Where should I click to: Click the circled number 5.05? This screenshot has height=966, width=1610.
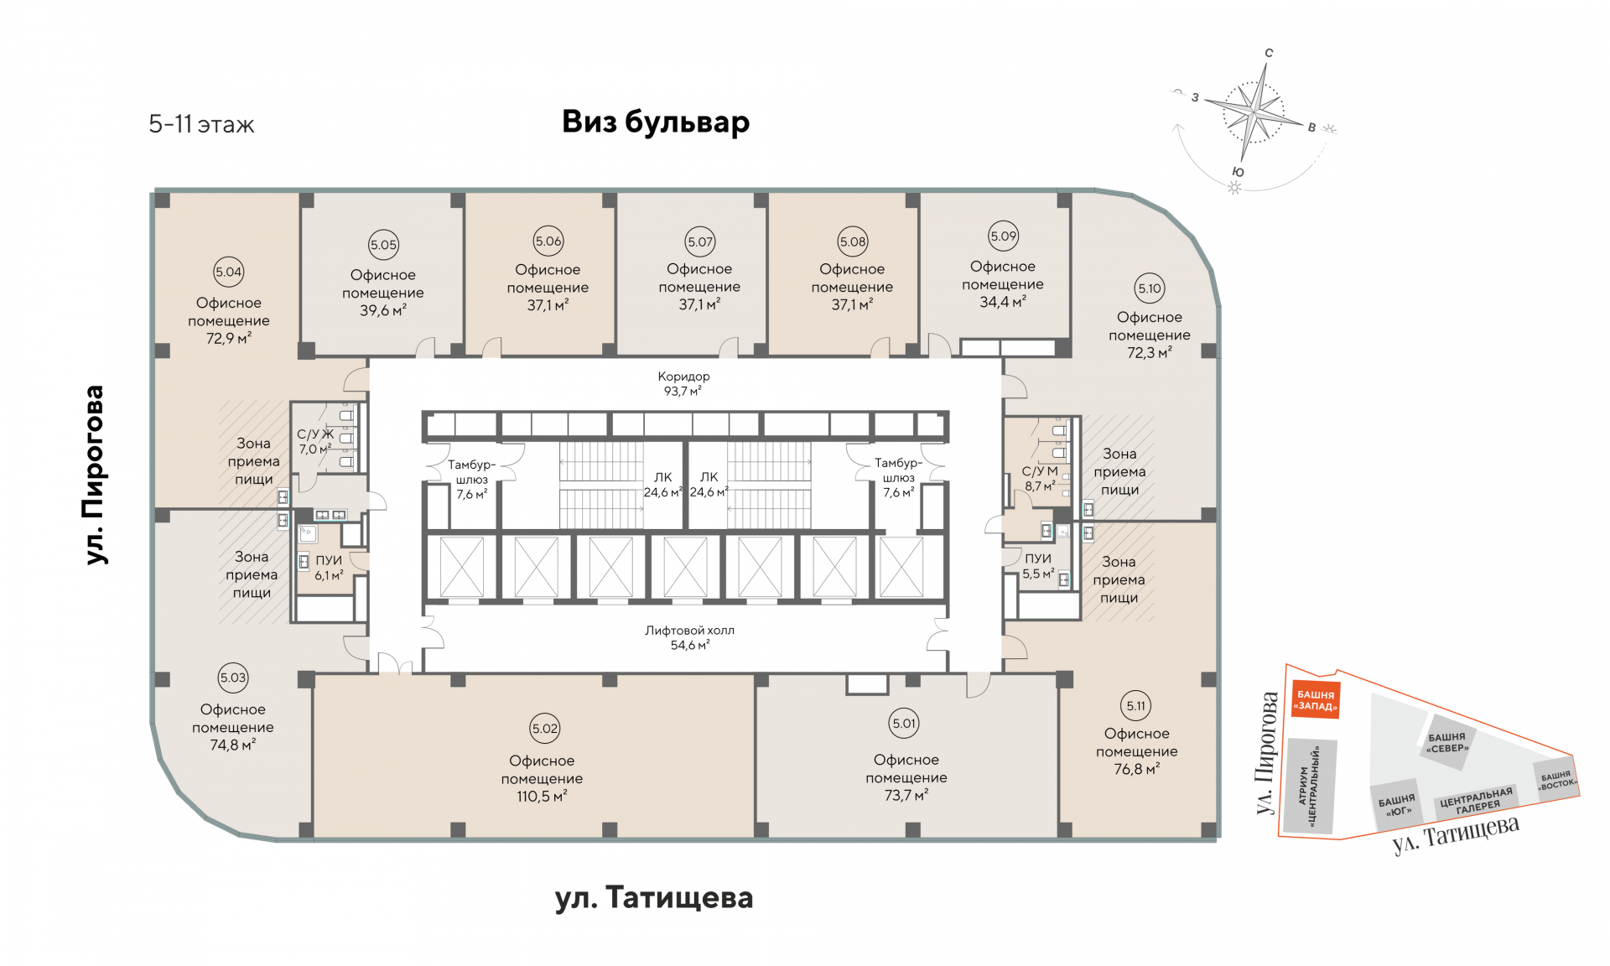pos(383,245)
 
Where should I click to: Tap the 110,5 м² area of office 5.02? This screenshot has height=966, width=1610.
pos(542,797)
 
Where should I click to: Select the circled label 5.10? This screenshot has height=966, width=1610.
pos(1150,288)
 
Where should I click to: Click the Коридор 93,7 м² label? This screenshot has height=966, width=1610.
pos(683,383)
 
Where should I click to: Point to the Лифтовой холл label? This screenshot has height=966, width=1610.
pos(689,631)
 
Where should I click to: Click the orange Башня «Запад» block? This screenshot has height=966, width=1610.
pos(1315,700)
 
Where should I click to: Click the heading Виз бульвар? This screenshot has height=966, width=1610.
pos(655,122)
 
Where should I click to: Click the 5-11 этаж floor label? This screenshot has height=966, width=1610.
pos(201,125)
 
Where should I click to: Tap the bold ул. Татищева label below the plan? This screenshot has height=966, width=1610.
pos(654,898)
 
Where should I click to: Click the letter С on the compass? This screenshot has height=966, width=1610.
pos(1269,53)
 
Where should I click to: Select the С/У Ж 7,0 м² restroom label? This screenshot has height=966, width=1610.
pos(315,441)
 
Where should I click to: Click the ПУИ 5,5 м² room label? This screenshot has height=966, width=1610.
pos(1038,566)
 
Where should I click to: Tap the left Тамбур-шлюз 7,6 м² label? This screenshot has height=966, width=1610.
pos(471,479)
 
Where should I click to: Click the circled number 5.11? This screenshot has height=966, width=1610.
pos(1136,706)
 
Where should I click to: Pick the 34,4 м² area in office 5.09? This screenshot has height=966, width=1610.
pos(1002,302)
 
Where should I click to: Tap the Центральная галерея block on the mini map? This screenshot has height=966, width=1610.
pos(1477,801)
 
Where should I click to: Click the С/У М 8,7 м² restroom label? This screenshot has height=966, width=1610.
pos(1040,478)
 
